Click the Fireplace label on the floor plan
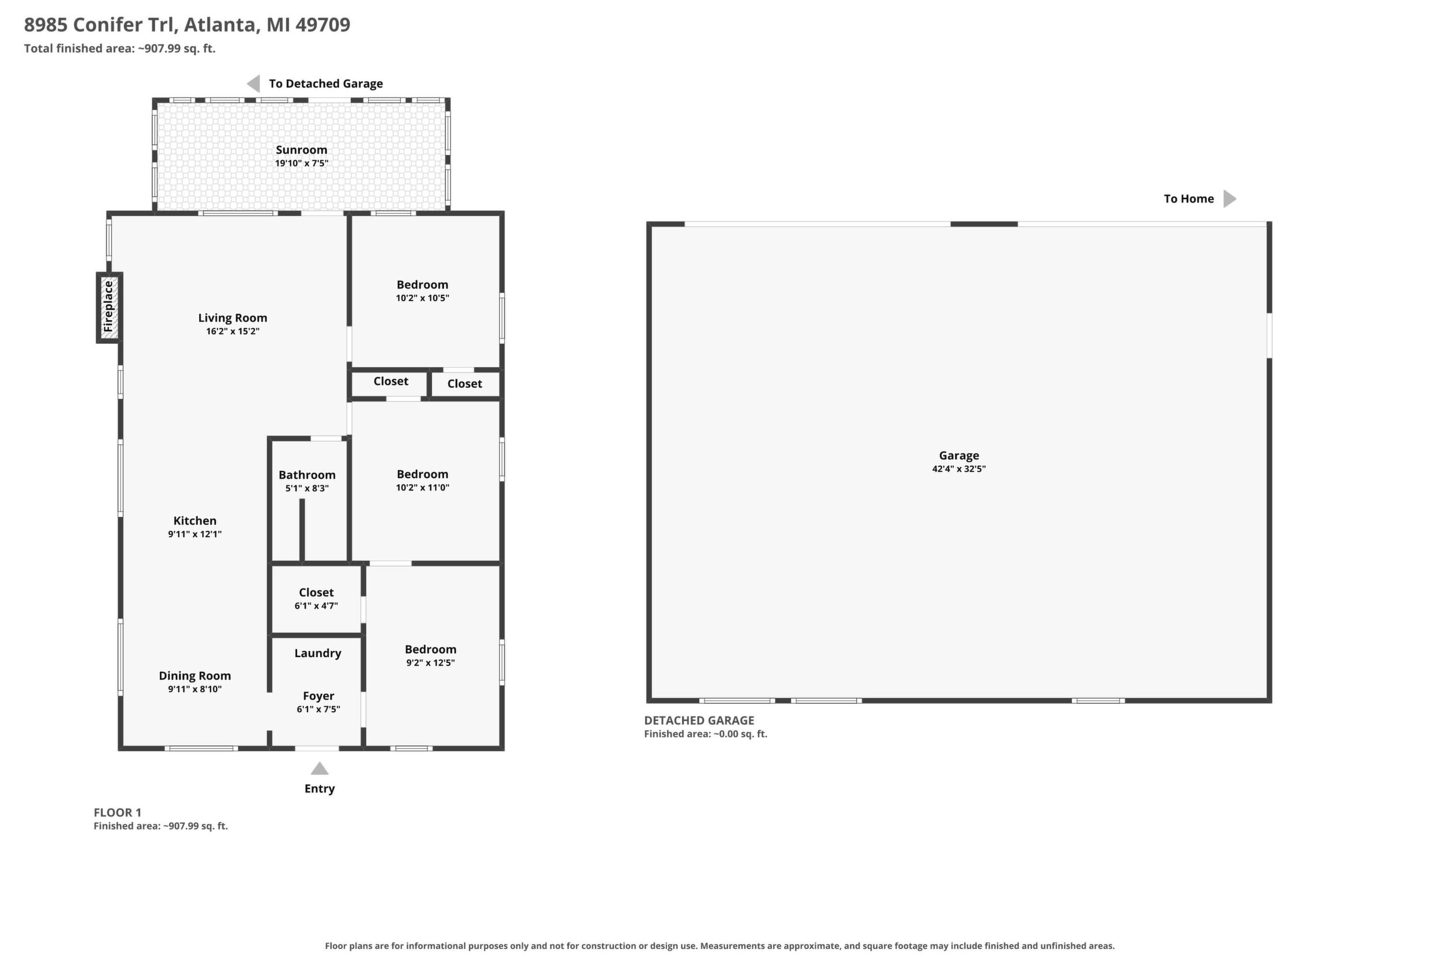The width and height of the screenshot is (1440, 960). [108, 306]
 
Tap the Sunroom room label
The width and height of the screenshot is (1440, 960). [301, 150]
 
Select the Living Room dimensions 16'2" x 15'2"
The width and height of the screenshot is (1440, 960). [232, 331]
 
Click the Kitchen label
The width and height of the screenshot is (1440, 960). [194, 520]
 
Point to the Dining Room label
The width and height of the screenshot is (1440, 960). [194, 676]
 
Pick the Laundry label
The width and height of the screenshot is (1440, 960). [318, 653]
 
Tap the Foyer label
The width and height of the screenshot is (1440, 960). [318, 696]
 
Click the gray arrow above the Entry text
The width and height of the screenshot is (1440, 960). [320, 768]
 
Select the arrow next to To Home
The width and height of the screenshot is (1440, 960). [1229, 198]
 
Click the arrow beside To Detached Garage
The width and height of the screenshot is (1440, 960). [253, 83]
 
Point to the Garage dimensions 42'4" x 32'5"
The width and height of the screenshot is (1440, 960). [959, 469]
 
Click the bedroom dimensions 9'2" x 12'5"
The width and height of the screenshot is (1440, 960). [430, 662]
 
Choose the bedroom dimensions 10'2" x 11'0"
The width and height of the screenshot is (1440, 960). [422, 487]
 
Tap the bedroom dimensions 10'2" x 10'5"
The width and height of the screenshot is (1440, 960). [422, 298]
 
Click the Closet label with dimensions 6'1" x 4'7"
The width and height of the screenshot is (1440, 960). [316, 592]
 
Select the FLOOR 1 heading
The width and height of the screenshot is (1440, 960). [118, 812]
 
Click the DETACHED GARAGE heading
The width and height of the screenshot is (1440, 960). [699, 721]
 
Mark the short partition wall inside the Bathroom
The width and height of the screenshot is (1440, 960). [302, 530]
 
